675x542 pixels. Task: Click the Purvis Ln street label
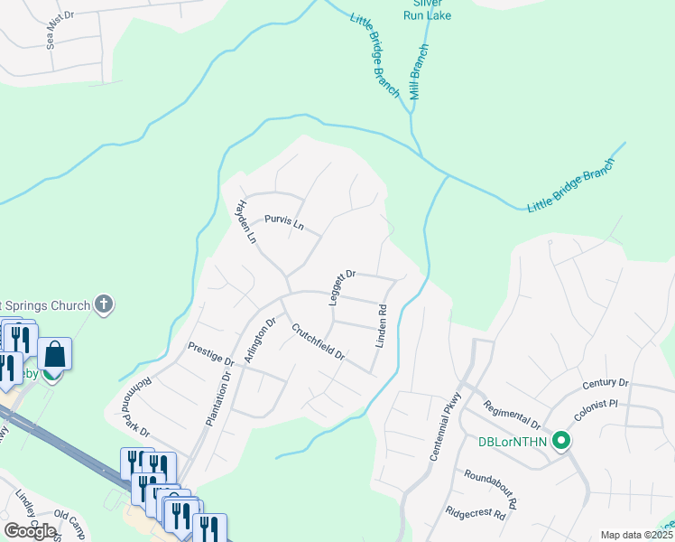tap(284, 221)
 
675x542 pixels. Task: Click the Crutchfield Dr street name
tap(318, 341)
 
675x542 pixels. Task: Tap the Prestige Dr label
tap(210, 353)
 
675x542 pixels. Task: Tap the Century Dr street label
tap(605, 384)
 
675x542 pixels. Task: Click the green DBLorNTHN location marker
tap(561, 441)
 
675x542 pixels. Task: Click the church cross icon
tap(104, 304)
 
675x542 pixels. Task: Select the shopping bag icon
tap(55, 355)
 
